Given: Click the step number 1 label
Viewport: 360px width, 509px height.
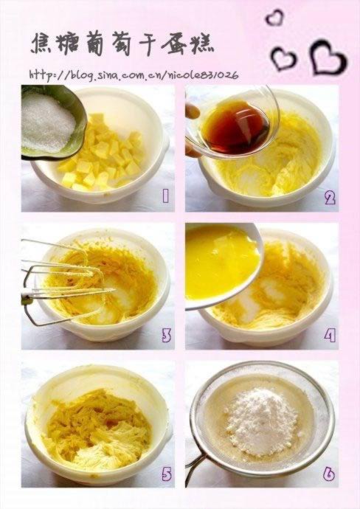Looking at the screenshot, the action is click(x=165, y=196).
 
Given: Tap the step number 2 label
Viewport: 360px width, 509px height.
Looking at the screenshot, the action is click(x=330, y=198).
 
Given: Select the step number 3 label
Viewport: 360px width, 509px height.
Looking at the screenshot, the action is click(x=166, y=335).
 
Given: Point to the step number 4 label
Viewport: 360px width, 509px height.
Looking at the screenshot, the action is click(x=330, y=336).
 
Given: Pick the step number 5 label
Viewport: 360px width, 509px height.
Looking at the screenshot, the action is click(x=167, y=474).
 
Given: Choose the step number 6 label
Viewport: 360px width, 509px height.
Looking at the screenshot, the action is click(x=329, y=474).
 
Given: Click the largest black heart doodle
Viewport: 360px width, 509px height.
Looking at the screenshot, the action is click(x=328, y=58).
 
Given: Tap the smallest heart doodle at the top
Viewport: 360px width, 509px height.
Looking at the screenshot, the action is click(x=274, y=17).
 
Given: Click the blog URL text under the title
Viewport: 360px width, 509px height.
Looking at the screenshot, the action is click(x=134, y=75).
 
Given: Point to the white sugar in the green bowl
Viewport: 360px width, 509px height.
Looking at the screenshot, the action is click(x=47, y=122).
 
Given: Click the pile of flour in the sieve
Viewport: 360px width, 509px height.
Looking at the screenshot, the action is click(x=262, y=421).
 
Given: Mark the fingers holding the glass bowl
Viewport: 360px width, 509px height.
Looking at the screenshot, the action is click(x=193, y=130).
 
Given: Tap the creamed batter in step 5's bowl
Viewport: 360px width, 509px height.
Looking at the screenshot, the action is click(x=97, y=428).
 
